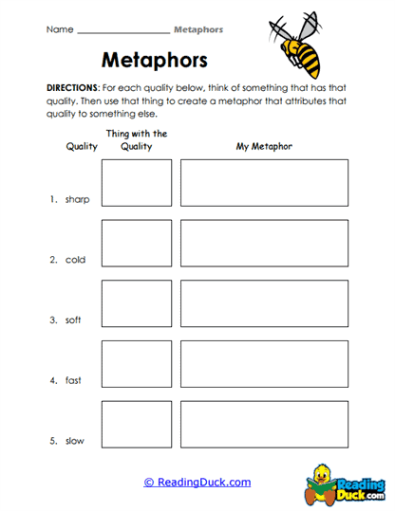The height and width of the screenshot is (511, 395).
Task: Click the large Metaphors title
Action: click(x=154, y=62)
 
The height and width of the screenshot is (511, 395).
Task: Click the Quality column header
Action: click(x=80, y=147)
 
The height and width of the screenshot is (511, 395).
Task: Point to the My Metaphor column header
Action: click(x=264, y=147)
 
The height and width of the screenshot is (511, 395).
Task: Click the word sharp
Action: click(x=77, y=199)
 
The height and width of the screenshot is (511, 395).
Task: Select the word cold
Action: click(x=75, y=260)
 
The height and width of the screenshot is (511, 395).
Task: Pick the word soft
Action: click(x=74, y=320)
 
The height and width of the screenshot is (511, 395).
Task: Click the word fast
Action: click(x=73, y=381)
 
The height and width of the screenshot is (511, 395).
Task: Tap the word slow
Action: click(x=74, y=441)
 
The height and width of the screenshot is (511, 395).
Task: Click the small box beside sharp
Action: click(x=137, y=183)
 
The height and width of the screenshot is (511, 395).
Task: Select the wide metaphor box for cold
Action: click(x=264, y=244)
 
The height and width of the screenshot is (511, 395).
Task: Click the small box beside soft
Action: click(x=137, y=303)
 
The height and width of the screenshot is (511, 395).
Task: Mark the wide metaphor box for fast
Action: click(x=264, y=364)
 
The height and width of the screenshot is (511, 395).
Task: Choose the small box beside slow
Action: click(x=137, y=425)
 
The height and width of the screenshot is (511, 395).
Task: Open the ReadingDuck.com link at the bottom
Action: click(x=197, y=483)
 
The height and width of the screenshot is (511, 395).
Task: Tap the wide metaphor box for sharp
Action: click(x=264, y=183)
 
